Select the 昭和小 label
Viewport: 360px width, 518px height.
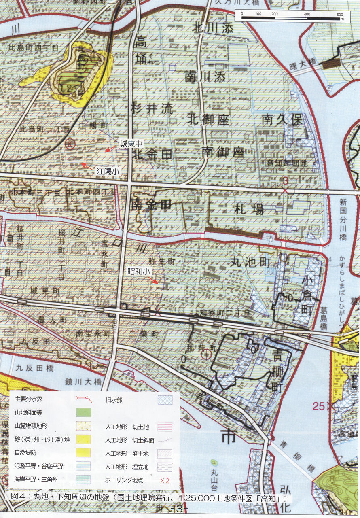(138, 270)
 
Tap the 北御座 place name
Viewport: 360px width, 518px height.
(208, 119)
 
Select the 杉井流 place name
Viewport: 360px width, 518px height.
(152, 108)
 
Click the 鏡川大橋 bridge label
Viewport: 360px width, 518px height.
(83, 381)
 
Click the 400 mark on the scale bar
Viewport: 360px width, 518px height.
(307, 14)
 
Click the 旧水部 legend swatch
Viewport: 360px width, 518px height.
(165, 400)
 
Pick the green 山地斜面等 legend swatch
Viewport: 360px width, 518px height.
(83, 412)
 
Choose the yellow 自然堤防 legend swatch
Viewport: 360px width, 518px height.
(83, 452)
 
